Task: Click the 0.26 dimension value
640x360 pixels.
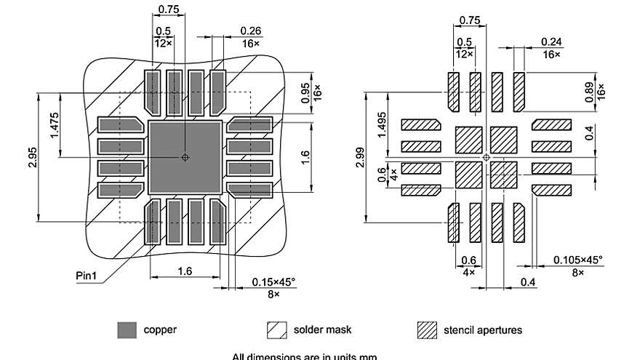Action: click(251, 30)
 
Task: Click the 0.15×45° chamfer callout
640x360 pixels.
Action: click(274, 281)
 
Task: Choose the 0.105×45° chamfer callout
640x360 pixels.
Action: click(577, 260)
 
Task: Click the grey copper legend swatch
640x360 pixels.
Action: click(127, 330)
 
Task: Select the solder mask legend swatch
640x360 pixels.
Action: click(277, 330)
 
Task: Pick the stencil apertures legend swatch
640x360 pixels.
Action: click(427, 330)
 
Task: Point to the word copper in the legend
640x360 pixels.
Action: click(159, 330)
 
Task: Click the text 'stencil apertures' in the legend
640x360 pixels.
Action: click(482, 330)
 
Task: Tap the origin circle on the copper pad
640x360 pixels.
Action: click(185, 157)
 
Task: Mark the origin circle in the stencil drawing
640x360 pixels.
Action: click(487, 157)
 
